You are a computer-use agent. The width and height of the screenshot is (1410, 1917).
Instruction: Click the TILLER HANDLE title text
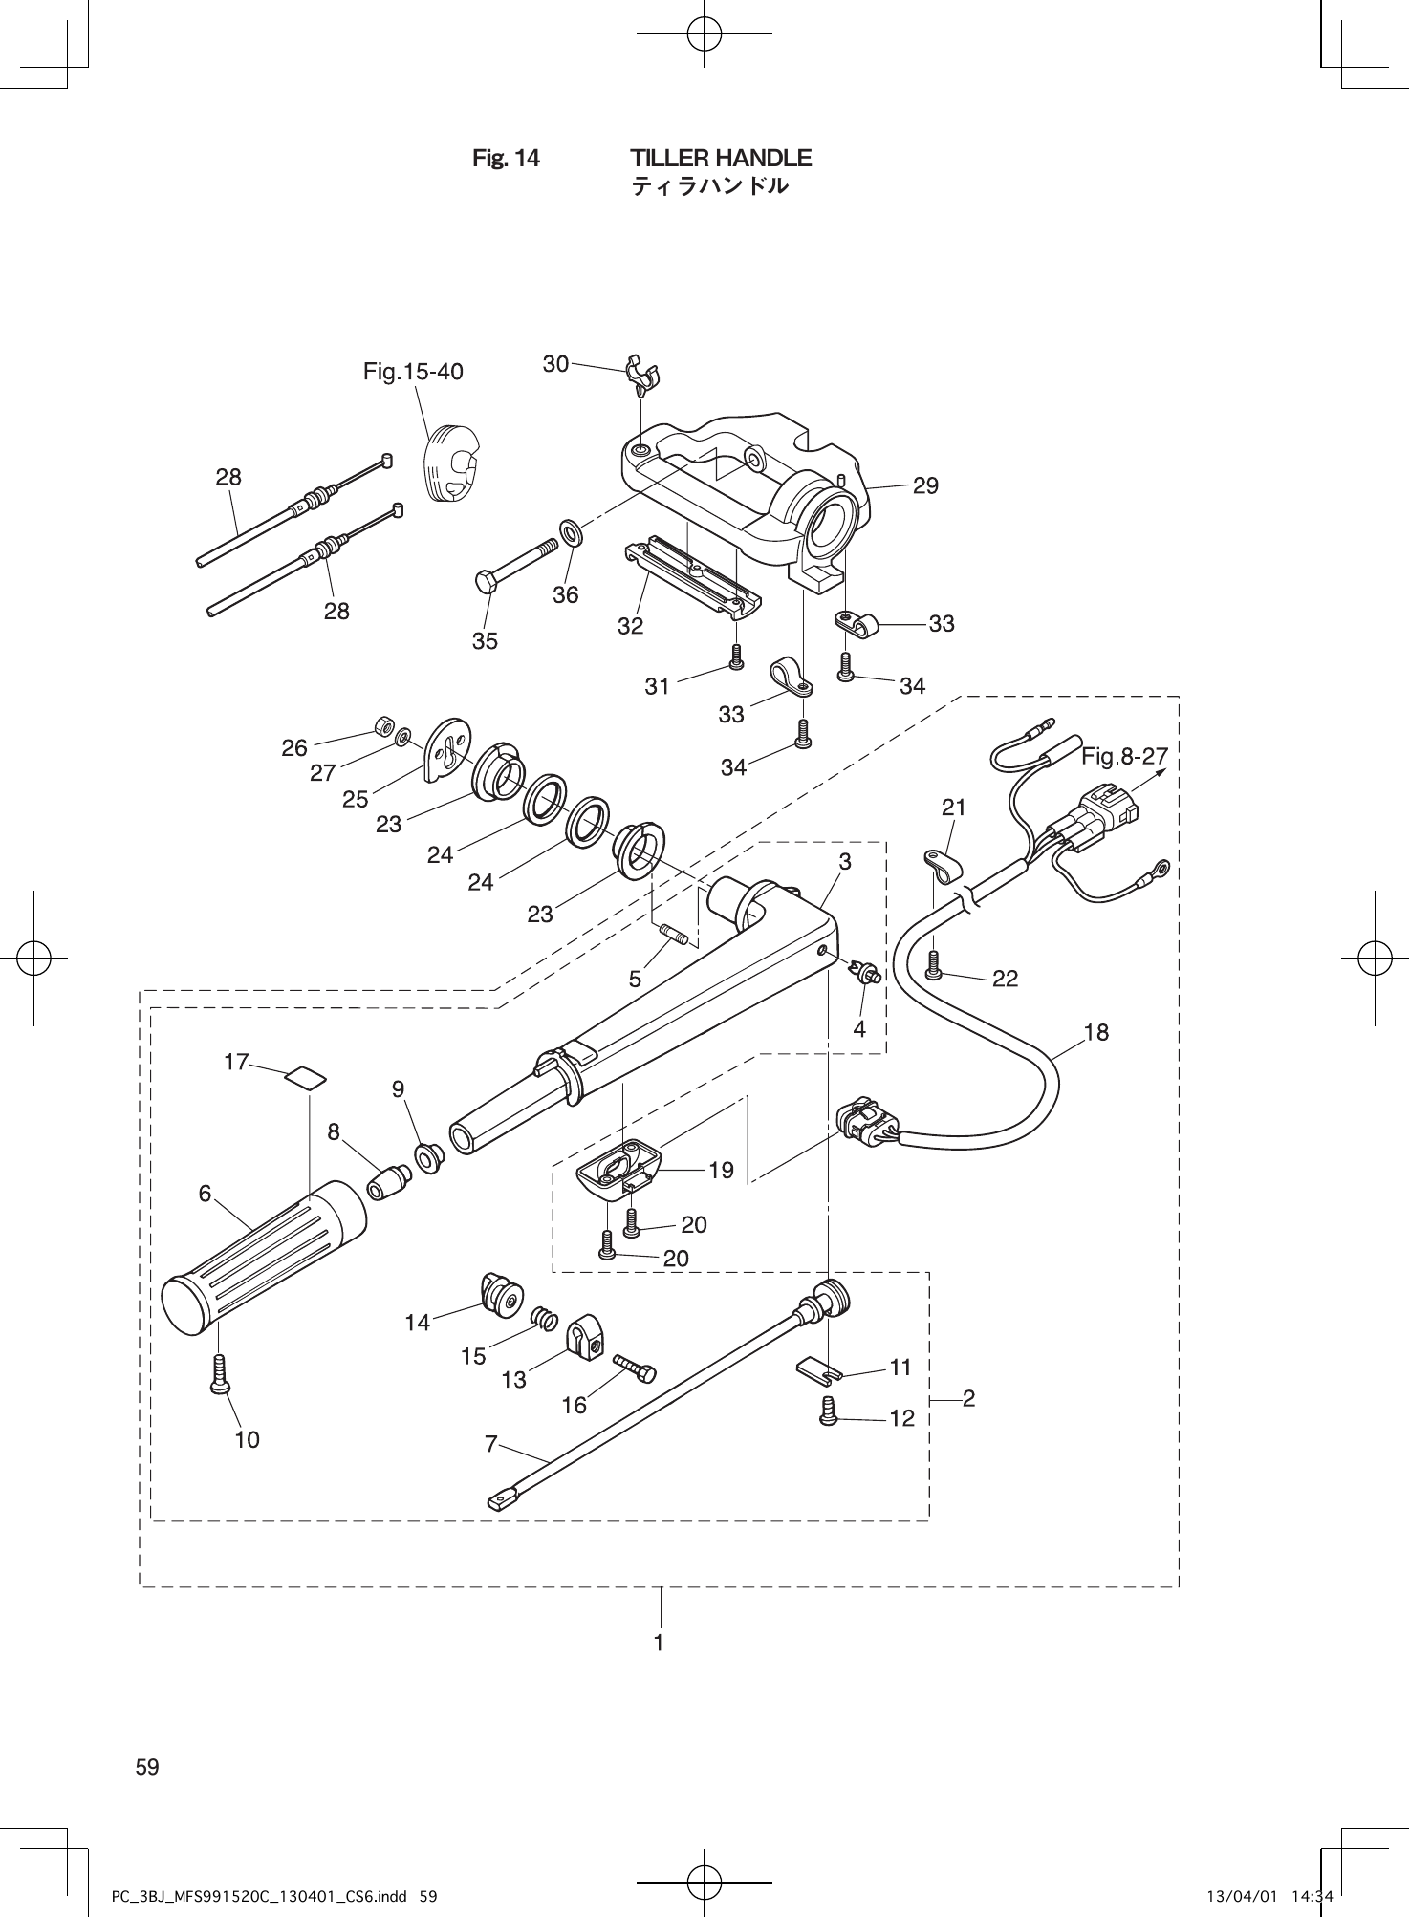coord(721,158)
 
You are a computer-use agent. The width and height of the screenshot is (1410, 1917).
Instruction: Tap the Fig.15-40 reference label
coord(413,372)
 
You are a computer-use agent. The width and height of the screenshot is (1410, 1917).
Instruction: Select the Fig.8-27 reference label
coord(1124,757)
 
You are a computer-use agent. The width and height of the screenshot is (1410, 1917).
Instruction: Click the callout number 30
coord(555,363)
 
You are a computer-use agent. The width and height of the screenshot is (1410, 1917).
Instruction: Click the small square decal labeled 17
coord(305,1078)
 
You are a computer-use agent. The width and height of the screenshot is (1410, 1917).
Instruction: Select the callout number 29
coord(925,485)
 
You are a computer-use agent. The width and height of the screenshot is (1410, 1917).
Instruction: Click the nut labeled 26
coord(384,727)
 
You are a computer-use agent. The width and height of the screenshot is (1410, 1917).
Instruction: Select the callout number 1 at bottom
coord(659,1642)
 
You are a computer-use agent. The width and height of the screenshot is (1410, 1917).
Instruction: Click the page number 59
coord(147,1767)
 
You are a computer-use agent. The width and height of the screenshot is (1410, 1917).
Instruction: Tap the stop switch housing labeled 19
coord(618,1166)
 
